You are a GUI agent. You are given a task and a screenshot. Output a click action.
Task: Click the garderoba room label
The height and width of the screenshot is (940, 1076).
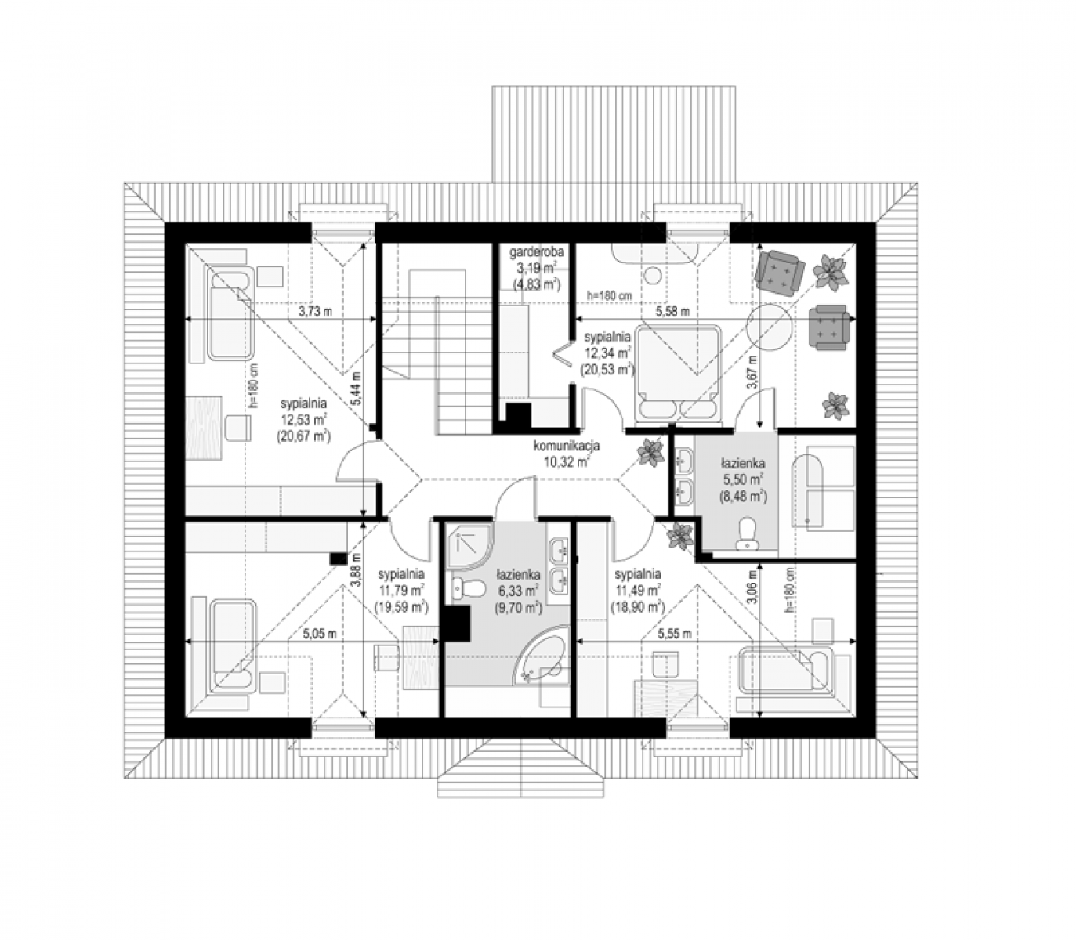[x=536, y=251]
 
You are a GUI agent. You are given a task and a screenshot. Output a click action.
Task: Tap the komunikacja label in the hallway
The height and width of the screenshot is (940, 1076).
[x=567, y=446]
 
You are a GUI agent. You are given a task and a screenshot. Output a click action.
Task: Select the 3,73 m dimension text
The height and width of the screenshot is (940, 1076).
[x=316, y=311]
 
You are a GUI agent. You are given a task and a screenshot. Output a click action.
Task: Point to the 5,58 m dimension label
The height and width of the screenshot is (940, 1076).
[x=672, y=311]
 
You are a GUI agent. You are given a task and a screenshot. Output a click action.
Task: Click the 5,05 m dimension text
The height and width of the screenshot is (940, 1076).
[x=319, y=634]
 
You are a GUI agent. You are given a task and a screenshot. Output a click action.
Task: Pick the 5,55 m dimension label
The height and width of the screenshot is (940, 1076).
[x=675, y=634]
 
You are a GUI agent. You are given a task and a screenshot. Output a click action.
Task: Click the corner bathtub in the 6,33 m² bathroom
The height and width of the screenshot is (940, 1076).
[x=540, y=658]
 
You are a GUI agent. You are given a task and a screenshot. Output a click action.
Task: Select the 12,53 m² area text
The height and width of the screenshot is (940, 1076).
[x=303, y=420]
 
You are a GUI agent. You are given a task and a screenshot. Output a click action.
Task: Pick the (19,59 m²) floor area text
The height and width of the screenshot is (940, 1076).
[x=401, y=607]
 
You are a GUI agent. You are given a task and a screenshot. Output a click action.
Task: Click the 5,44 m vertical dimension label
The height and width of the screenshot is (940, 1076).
[x=357, y=388]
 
